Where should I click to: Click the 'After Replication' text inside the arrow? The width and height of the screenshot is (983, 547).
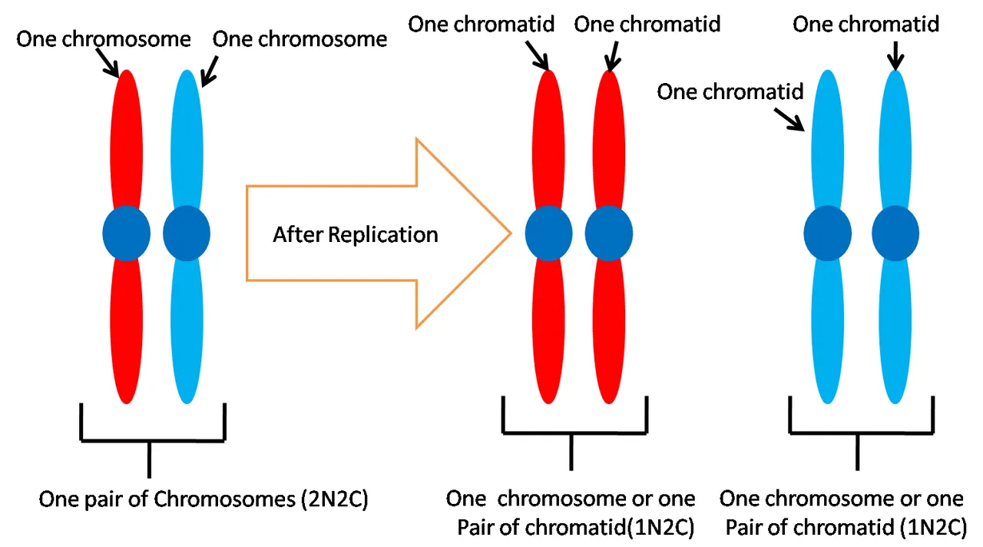pyautogui.click(x=355, y=234)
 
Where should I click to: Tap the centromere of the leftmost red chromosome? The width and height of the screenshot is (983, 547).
pyautogui.click(x=127, y=233)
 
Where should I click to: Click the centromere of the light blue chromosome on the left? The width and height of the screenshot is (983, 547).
pyautogui.click(x=187, y=233)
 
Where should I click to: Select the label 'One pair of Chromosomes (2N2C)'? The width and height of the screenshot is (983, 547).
pyautogui.click(x=204, y=499)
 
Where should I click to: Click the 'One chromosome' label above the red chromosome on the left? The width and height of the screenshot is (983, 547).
pyautogui.click(x=104, y=38)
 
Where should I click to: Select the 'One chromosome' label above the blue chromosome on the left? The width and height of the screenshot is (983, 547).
pyautogui.click(x=300, y=38)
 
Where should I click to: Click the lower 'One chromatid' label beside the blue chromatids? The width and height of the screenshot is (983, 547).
pyautogui.click(x=730, y=92)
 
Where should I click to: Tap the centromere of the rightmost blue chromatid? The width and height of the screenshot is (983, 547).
pyautogui.click(x=895, y=234)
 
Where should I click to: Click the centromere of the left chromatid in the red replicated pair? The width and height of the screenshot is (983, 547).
pyautogui.click(x=548, y=233)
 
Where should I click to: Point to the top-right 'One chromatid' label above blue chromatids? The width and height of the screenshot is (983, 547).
pyautogui.click(x=866, y=25)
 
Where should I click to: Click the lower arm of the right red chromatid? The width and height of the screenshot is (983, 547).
pyautogui.click(x=609, y=330)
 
